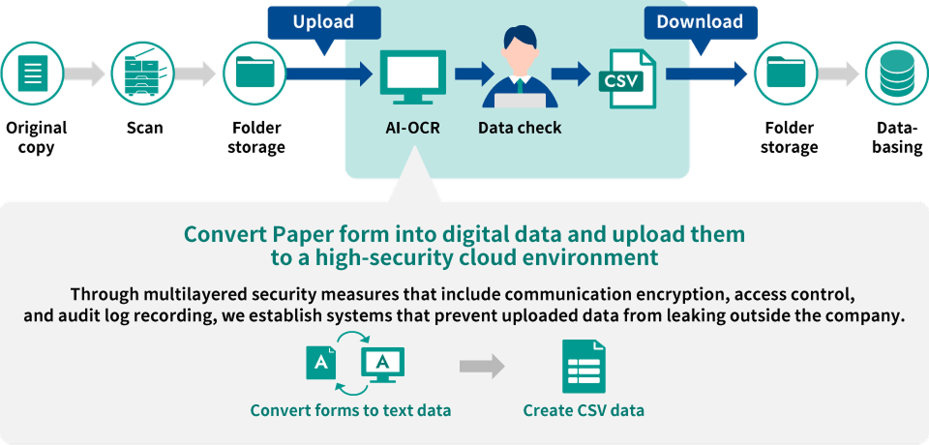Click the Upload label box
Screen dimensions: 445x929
pyautogui.click(x=323, y=22)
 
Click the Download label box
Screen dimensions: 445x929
pyautogui.click(x=700, y=22)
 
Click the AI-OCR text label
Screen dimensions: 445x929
pyautogui.click(x=412, y=128)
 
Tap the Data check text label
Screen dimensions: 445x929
pyautogui.click(x=520, y=128)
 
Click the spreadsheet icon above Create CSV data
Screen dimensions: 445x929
pyautogui.click(x=584, y=367)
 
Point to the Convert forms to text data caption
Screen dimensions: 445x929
pyautogui.click(x=350, y=410)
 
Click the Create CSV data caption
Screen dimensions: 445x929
pyautogui.click(x=584, y=410)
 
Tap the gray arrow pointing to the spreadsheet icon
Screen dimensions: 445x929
pyautogui.click(x=482, y=367)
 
